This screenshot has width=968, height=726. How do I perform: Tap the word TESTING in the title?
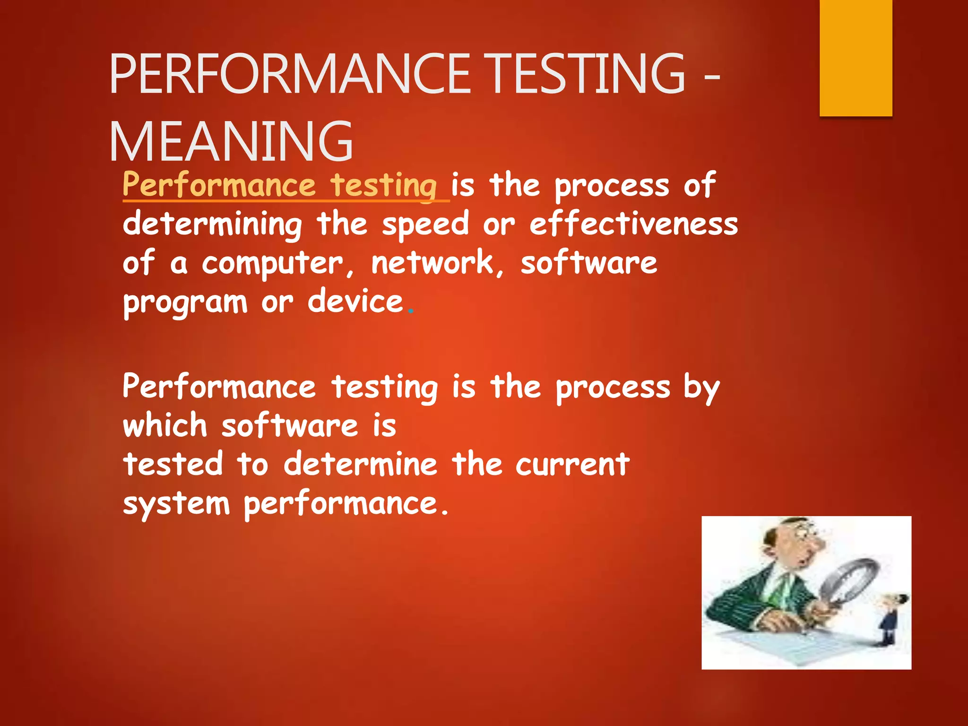click(x=586, y=74)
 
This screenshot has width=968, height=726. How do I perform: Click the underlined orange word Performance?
click(x=219, y=185)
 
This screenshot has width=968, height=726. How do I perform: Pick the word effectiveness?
click(x=633, y=224)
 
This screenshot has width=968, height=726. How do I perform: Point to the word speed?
click(x=425, y=225)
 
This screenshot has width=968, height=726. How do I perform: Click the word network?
click(x=432, y=263)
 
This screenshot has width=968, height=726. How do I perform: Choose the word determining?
click(x=212, y=225)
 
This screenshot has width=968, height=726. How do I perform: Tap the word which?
click(x=165, y=425)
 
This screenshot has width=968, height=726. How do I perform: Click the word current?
click(x=572, y=464)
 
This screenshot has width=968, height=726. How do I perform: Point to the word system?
click(x=176, y=504)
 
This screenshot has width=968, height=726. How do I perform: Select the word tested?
click(x=173, y=464)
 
